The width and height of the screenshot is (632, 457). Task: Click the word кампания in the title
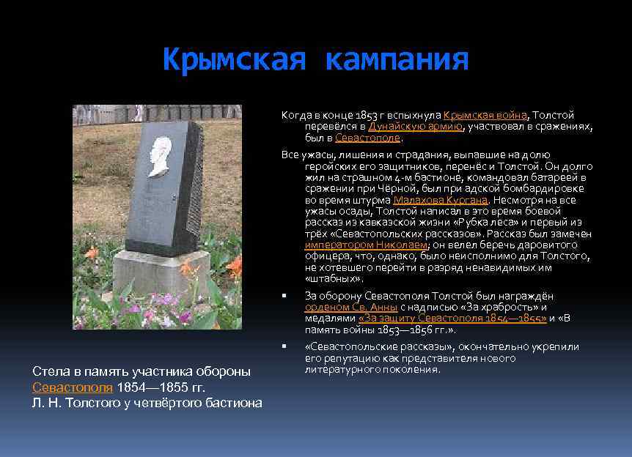click(397, 59)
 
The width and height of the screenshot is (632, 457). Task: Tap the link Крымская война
click(485, 115)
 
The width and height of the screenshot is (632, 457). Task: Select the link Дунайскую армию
click(416, 126)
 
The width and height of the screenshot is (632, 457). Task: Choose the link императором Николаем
click(366, 245)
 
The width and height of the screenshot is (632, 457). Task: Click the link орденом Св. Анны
click(351, 307)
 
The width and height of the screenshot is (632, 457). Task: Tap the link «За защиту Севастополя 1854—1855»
click(452, 318)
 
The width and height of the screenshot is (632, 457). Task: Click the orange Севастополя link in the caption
click(73, 387)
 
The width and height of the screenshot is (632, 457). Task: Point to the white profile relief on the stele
click(161, 156)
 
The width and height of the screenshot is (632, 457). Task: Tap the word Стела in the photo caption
click(50, 371)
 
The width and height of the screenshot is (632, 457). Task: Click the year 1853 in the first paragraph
click(367, 115)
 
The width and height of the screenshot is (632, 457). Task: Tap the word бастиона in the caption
click(235, 403)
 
